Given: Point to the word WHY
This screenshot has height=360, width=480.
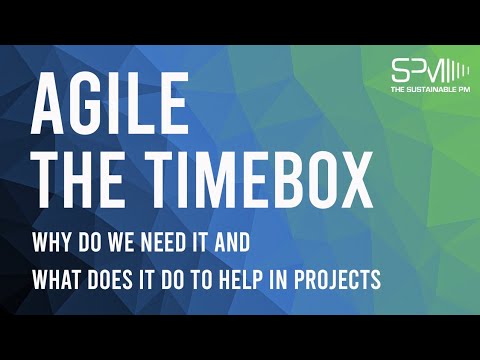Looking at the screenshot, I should (x=50, y=243).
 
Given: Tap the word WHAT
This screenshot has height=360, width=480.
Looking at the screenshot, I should (x=56, y=279).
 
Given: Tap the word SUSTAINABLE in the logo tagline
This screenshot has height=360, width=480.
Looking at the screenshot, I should (x=431, y=92).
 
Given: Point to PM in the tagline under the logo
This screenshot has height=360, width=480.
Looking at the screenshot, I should (x=462, y=92).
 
